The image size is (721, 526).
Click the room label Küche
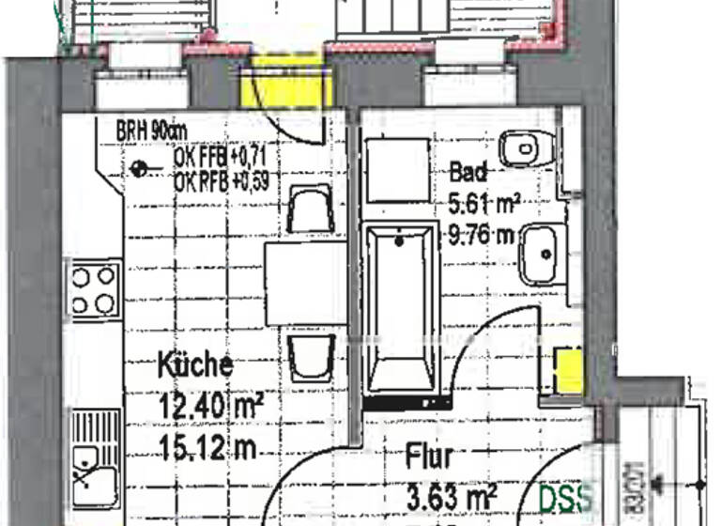[194, 364]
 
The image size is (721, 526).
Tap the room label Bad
[468, 172]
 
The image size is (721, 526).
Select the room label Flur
[429, 458]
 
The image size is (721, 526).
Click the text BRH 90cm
[151, 131]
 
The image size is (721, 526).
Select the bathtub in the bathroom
[402, 310]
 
